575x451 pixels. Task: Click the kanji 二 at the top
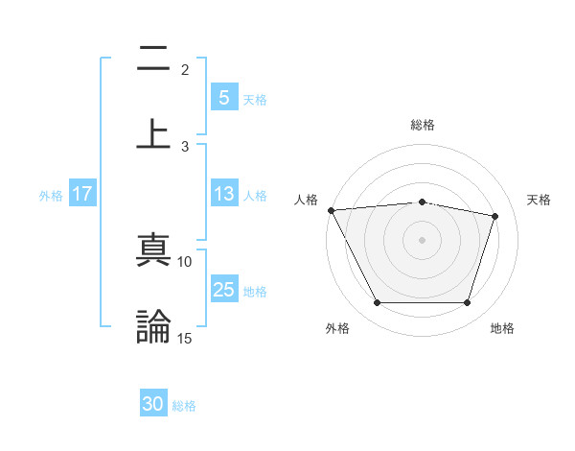point(153,59)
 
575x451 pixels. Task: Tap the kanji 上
point(153,131)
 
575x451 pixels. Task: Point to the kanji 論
point(153,325)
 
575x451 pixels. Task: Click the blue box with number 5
point(223,98)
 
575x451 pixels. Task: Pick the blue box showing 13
point(223,194)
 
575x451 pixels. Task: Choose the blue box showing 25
point(223,290)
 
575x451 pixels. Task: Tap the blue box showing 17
point(82,194)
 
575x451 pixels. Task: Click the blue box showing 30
point(153,405)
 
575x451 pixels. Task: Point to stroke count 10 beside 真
point(185,261)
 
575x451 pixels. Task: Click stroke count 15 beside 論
point(185,338)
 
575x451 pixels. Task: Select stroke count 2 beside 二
point(185,69)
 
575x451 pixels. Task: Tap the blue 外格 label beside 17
point(51,195)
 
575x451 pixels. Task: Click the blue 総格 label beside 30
point(184,406)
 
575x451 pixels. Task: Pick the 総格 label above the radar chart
point(422,125)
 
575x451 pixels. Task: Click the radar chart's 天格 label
point(539,200)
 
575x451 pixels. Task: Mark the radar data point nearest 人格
point(331,210)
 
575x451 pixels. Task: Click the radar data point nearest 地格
point(467,303)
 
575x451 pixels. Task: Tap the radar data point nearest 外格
point(377,303)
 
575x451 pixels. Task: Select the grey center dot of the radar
point(422,239)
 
